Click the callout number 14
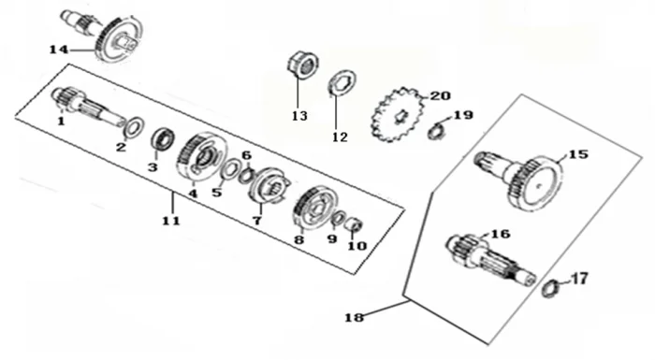point(58,50)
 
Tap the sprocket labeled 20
point(399,114)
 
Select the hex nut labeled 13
point(303,65)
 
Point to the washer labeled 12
point(342,84)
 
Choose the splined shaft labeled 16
point(489,259)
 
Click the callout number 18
point(355,317)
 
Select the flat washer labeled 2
point(134,127)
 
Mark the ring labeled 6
point(245,175)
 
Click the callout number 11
point(171,221)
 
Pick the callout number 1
point(62,122)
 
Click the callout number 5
point(217,193)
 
